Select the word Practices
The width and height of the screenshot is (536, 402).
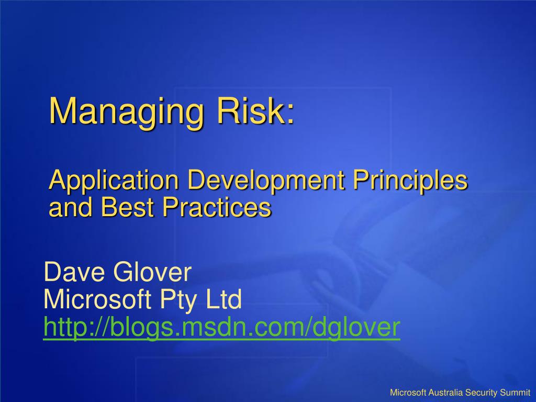coord(217,207)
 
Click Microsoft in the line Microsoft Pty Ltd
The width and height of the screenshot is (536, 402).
coord(97,299)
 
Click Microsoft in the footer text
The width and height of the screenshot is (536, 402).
coord(408,393)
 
